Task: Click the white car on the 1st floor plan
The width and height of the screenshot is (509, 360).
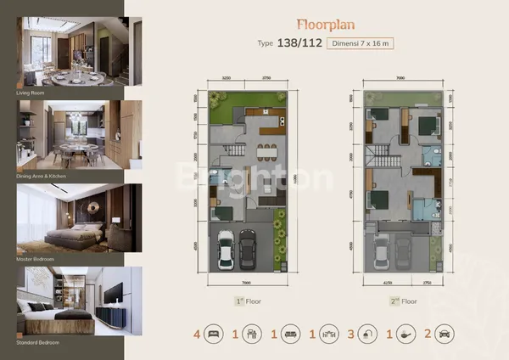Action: (226, 248)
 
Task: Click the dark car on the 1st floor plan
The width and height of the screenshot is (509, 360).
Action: (247, 248)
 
